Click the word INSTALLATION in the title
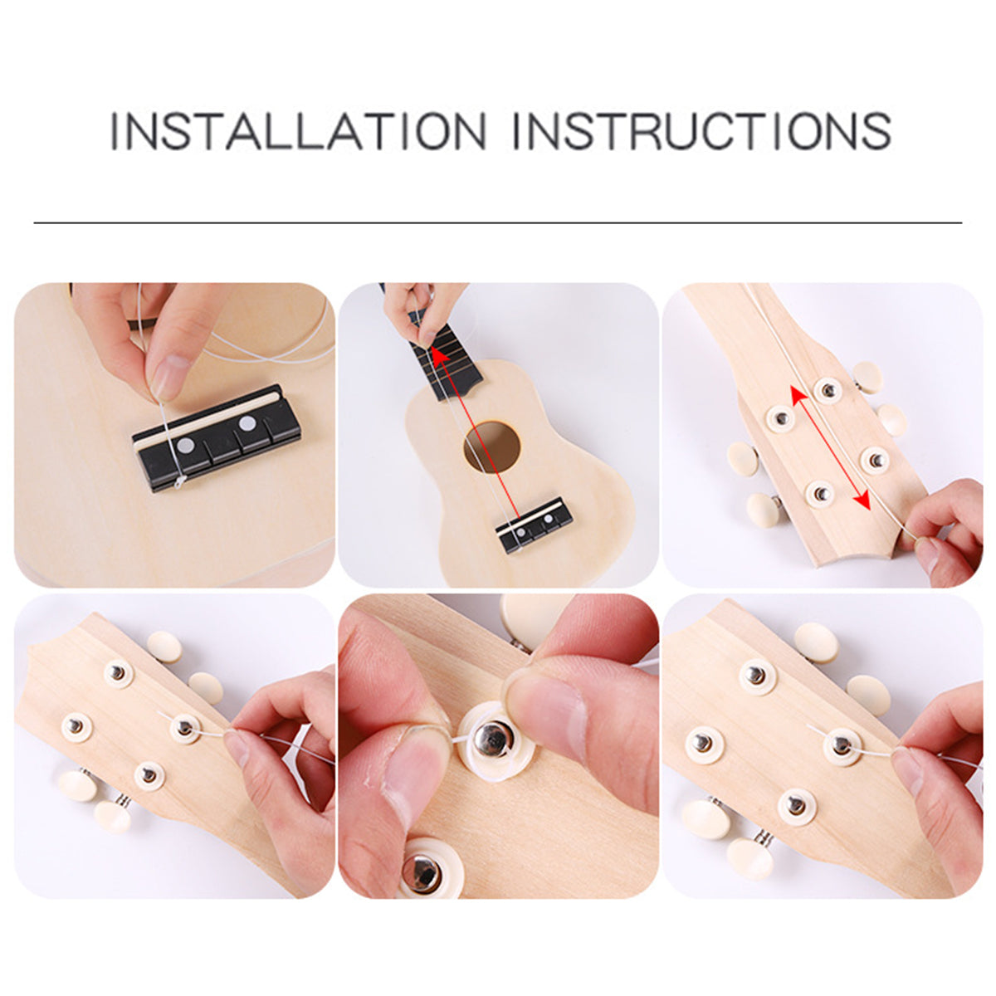pyautogui.click(x=298, y=131)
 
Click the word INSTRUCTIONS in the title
pyautogui.click(x=702, y=131)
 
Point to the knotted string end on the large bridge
pyautogui.click(x=178, y=482)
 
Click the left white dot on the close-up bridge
pyautogui.click(x=184, y=446)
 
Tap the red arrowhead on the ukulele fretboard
pyautogui.click(x=438, y=355)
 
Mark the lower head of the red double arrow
pyautogui.click(x=861, y=500)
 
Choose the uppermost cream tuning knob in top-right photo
pyautogui.click(x=867, y=376)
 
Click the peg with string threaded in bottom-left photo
pyautogui.click(x=184, y=728)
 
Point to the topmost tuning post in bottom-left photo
pyautogui.click(x=119, y=673)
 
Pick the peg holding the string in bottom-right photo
pyautogui.click(x=842, y=745)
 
